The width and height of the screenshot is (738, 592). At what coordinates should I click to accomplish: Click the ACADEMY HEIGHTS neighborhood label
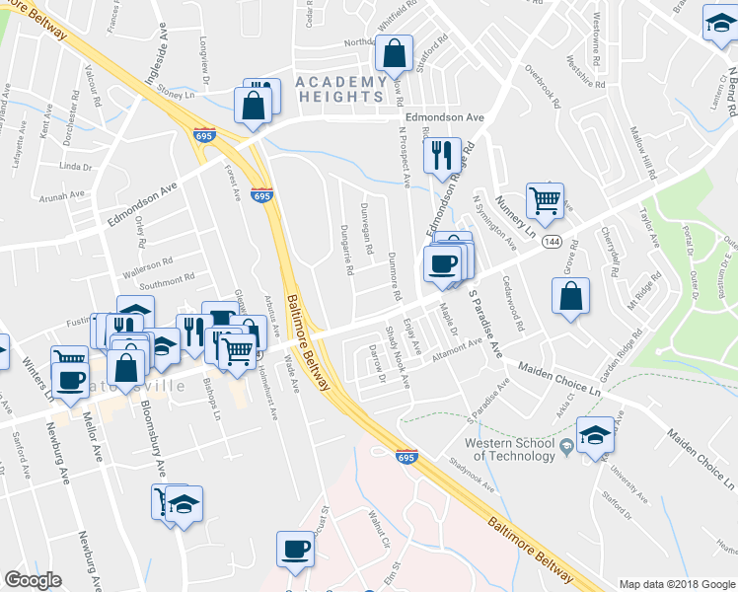(x=339, y=89)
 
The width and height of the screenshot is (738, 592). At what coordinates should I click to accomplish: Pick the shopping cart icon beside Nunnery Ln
(x=545, y=201)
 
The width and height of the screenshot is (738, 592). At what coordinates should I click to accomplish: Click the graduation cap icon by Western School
(x=595, y=434)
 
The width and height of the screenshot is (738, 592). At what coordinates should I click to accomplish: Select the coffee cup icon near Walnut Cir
(x=295, y=549)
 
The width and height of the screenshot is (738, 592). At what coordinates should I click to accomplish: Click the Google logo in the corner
(x=33, y=581)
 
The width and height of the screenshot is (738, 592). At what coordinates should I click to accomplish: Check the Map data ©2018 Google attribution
(x=676, y=584)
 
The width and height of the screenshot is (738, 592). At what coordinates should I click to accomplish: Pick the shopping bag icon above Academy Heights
(x=395, y=56)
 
